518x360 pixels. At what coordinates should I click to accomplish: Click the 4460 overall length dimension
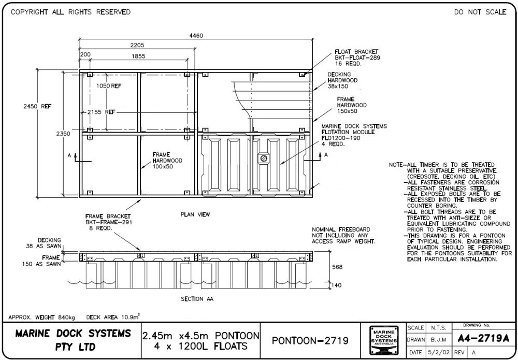pos(196,36)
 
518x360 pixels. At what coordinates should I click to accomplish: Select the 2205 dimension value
pos(137,45)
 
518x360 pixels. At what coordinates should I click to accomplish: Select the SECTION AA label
pos(197,299)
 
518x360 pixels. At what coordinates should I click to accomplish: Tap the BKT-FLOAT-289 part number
pos(357,58)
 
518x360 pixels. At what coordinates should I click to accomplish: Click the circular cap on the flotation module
pos(264,157)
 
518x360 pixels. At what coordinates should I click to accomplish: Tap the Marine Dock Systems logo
pos(384,340)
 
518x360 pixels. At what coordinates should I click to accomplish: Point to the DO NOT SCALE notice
pos(480,12)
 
